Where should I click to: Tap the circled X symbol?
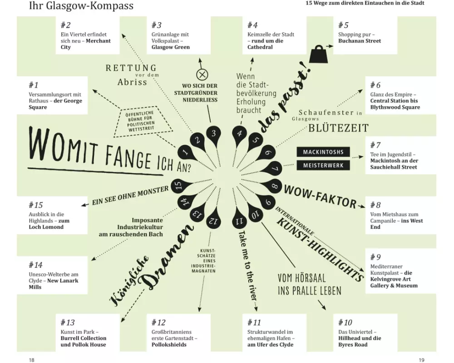[202, 75]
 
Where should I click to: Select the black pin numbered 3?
[214, 135]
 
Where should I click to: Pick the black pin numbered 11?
[239, 219]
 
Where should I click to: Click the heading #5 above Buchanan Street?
[343, 25]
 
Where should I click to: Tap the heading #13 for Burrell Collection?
[68, 322]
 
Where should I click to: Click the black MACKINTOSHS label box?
[323, 152]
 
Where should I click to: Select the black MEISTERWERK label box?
[323, 165]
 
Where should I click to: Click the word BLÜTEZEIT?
[339, 128]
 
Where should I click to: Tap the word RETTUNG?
[131, 68]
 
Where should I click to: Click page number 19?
[422, 360]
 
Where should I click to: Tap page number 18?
[32, 360]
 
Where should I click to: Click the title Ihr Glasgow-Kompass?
[81, 5]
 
